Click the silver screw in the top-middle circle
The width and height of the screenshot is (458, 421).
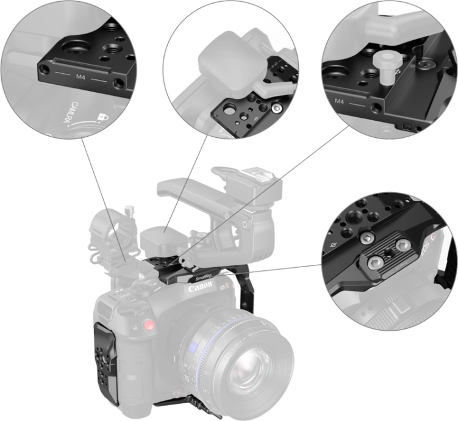(277, 108)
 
